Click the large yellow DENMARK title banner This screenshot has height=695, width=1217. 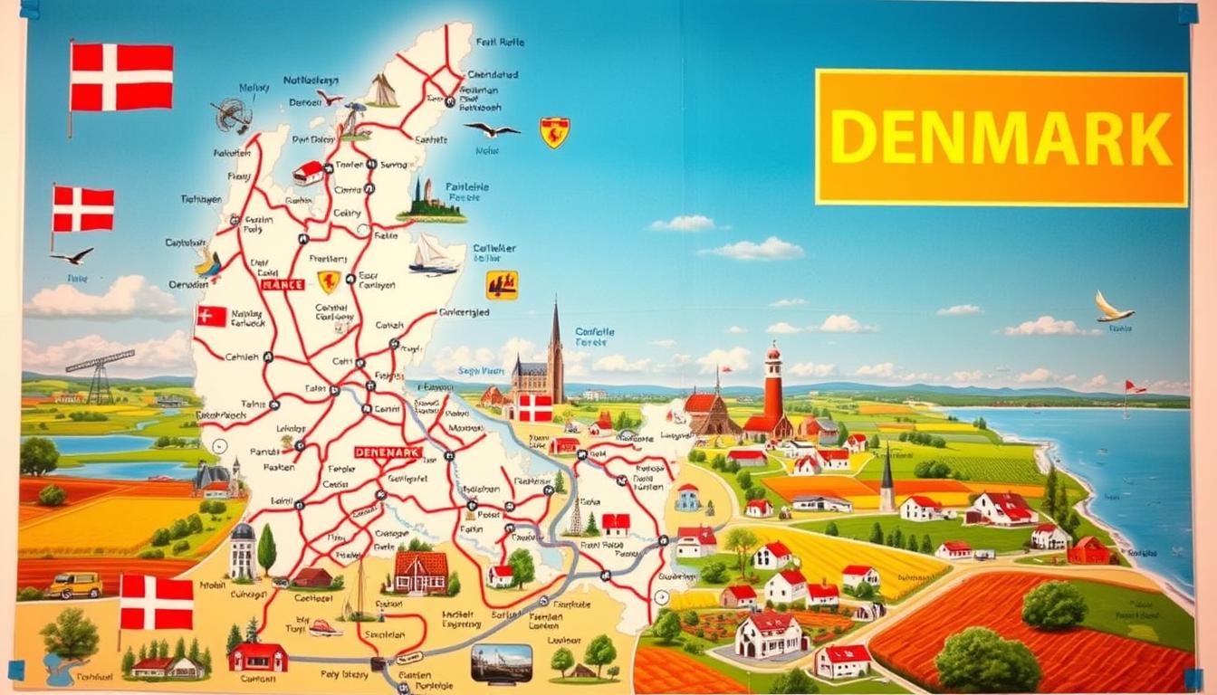tap(1001, 138)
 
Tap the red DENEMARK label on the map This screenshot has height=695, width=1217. tap(388, 452)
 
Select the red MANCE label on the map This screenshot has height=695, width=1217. tap(283, 284)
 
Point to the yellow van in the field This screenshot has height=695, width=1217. tap(74, 585)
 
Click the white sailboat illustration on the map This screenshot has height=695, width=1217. tap(435, 255)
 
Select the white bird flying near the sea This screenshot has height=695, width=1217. tap(1112, 308)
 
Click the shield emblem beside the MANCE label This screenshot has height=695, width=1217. tap(329, 281)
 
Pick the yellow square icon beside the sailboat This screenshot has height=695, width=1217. tap(502, 285)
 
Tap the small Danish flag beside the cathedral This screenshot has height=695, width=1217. tap(534, 408)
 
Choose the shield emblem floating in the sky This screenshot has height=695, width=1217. tap(554, 132)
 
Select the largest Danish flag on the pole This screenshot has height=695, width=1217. tap(121, 77)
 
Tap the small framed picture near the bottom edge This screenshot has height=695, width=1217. tap(501, 662)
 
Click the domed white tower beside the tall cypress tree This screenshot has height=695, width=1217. tap(242, 549)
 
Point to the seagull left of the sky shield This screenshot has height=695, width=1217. tap(492, 129)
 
